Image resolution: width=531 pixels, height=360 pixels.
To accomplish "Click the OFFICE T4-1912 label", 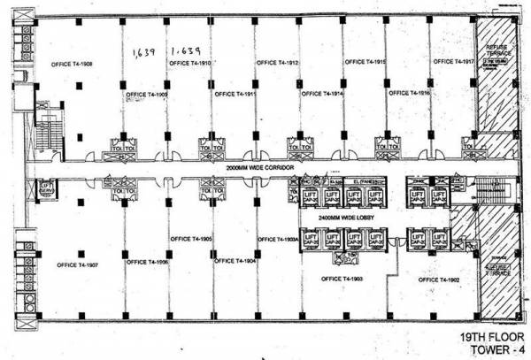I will (277, 63).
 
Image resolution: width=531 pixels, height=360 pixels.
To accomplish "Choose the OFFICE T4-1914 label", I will (322, 92).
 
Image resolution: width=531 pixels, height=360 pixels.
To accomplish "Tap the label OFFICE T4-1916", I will (409, 92).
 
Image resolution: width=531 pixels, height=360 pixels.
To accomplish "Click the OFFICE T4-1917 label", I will (454, 62).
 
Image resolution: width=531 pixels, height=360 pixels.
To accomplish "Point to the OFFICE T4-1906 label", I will (147, 262).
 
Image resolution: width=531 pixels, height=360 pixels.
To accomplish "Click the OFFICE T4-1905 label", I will (190, 239).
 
